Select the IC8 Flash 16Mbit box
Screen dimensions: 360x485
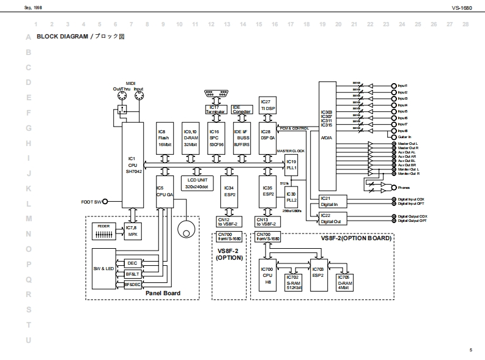click(x=166, y=138)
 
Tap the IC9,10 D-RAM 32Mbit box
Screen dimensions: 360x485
click(x=191, y=138)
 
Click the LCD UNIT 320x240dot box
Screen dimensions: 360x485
click(x=197, y=183)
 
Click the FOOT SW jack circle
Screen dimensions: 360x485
click(x=105, y=202)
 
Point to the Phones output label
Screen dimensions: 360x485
click(x=404, y=188)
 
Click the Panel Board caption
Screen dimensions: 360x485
click(x=163, y=294)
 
